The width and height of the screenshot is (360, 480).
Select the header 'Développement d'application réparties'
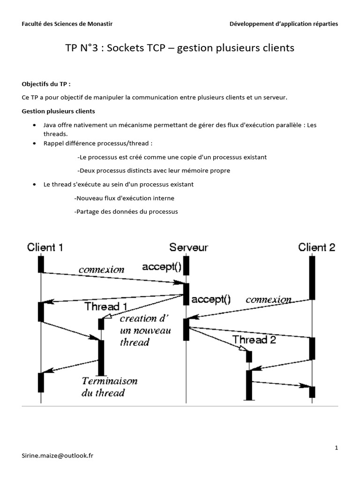pyautogui.click(x=283, y=24)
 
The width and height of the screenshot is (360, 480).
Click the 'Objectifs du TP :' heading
pyautogui.click(x=46, y=84)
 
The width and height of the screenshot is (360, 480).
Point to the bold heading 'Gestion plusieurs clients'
pyautogui.click(x=58, y=111)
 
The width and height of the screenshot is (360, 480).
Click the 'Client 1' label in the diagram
pyautogui.click(x=45, y=247)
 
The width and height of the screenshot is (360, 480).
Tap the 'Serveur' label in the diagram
pyautogui.click(x=188, y=247)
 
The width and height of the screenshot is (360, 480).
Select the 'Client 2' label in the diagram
pyautogui.click(x=317, y=247)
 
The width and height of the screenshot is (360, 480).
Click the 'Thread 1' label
pyautogui.click(x=105, y=307)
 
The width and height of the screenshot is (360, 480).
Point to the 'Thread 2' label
pyautogui.click(x=254, y=340)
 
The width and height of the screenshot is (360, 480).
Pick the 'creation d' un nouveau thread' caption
pyautogui.click(x=145, y=330)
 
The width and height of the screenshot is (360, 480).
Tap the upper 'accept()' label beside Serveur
pyautogui.click(x=161, y=267)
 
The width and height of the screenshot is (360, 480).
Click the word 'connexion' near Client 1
pyautogui.click(x=101, y=270)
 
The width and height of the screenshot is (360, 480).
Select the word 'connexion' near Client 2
pyautogui.click(x=268, y=299)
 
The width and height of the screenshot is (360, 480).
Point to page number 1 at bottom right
pyautogui.click(x=336, y=448)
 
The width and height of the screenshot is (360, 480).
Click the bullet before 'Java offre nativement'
pyautogui.click(x=35, y=126)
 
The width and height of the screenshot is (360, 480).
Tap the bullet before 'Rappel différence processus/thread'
pyautogui.click(x=35, y=143)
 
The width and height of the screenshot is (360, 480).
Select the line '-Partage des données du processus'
pyautogui.click(x=126, y=212)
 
